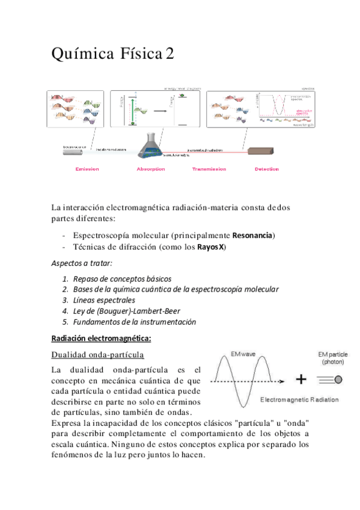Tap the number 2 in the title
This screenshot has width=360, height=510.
pos(170,55)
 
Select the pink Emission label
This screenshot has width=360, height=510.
pos(87,169)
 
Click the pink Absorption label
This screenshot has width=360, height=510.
pos(151,169)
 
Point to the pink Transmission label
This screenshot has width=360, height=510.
pos(209,169)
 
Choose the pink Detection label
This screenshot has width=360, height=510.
pos(266,169)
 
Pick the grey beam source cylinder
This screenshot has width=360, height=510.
pos(76,153)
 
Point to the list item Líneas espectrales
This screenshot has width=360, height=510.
pos(104,300)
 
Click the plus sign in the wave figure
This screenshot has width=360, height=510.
pos(301,379)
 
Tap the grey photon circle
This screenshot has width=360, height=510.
pos(338,379)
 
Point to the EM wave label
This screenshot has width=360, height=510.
pos(244,355)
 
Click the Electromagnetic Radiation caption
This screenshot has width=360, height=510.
pos(299,399)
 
